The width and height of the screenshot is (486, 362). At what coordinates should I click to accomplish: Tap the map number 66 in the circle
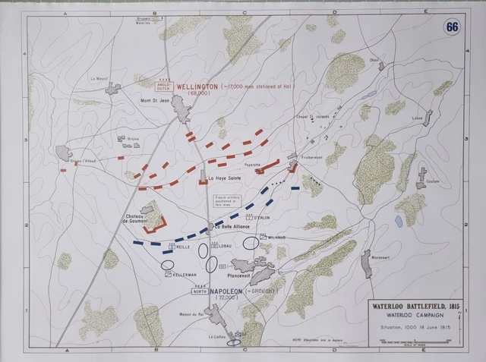pyautogui.click(x=453, y=27)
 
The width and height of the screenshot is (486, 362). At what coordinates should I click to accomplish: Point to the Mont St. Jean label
pyautogui.click(x=156, y=100)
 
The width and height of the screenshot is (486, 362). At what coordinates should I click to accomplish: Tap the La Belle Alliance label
pyautogui.click(x=232, y=226)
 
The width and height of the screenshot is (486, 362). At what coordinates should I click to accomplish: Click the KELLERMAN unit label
pyautogui.click(x=185, y=274)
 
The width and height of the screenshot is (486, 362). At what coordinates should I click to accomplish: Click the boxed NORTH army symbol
pyautogui.click(x=200, y=291)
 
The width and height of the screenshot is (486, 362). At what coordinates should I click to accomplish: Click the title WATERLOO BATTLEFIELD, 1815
pyautogui.click(x=416, y=308)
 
